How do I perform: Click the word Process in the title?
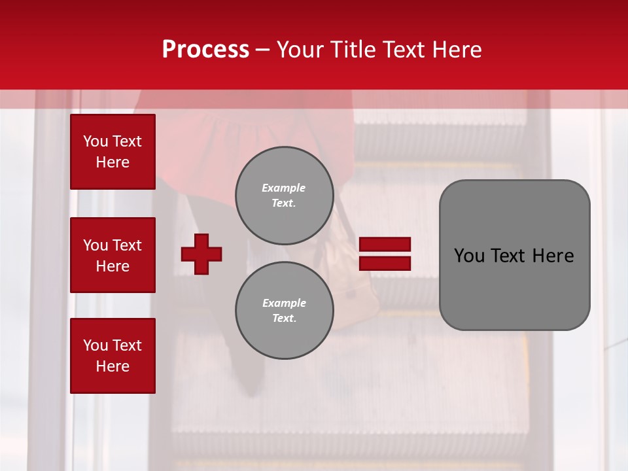point(205,50)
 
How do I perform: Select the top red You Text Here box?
point(113,152)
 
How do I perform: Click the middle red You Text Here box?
point(113,255)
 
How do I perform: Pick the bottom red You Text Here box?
point(113,355)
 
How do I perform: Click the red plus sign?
point(201,254)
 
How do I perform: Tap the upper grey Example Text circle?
point(285,196)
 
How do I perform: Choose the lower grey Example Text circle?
point(285,311)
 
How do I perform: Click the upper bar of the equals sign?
point(385,245)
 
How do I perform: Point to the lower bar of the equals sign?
point(385,263)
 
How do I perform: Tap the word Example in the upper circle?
point(283,188)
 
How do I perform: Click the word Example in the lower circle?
point(284,303)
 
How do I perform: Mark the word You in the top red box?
point(95,141)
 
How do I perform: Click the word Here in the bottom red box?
point(113,366)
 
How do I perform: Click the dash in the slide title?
point(263,50)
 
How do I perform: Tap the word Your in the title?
point(299,50)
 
